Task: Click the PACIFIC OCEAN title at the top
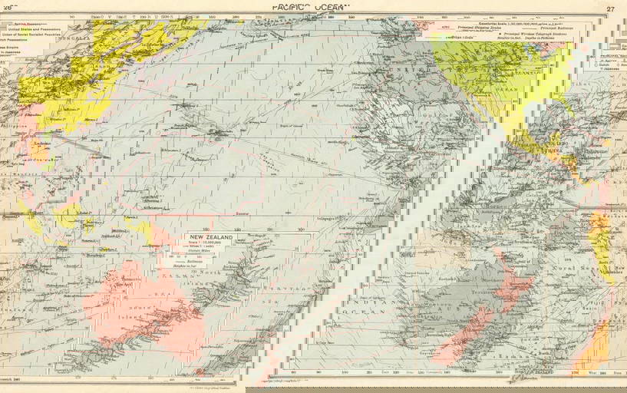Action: (x=310, y=7)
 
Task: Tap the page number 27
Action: (x=610, y=8)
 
